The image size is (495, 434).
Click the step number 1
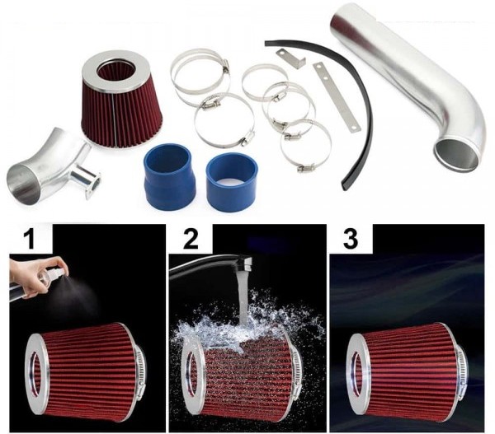(x=31, y=238)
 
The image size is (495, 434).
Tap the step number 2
(x=191, y=238)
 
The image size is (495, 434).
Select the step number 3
(x=351, y=238)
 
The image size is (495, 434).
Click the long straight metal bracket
(x=337, y=96)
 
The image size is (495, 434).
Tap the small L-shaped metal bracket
(x=291, y=59)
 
